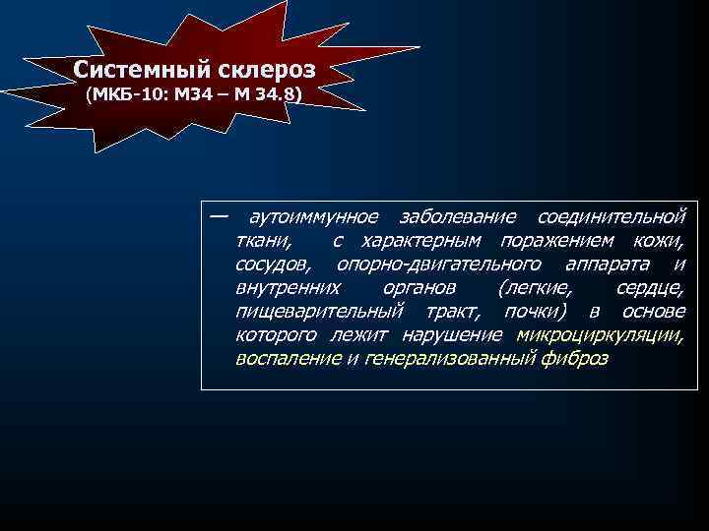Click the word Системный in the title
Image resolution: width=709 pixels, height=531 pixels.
pyautogui.click(x=134, y=72)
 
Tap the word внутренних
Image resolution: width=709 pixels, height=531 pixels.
pyautogui.click(x=289, y=288)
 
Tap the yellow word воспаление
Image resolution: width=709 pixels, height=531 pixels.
pyautogui.click(x=289, y=360)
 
